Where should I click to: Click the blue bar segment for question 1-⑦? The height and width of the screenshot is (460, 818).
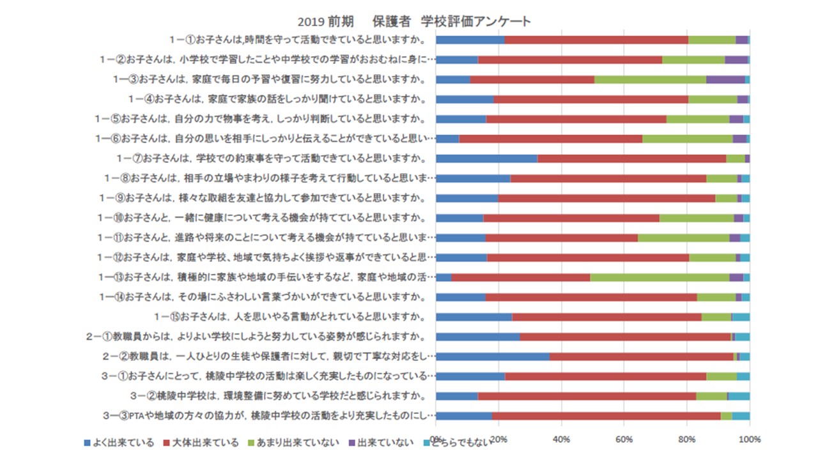click(x=486, y=158)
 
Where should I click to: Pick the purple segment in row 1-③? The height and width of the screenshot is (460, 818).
click(x=725, y=79)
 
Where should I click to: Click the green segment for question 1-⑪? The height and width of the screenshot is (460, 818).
click(x=683, y=238)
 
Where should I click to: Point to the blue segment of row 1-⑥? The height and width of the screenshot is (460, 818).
click(x=447, y=139)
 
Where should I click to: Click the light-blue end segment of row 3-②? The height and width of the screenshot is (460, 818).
click(x=739, y=396)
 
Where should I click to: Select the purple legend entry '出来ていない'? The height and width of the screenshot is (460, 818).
click(x=380, y=443)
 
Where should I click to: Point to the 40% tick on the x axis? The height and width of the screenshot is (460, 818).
click(x=561, y=440)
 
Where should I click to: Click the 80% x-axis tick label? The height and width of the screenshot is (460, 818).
click(x=687, y=440)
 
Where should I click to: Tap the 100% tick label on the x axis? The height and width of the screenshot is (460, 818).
click(x=749, y=440)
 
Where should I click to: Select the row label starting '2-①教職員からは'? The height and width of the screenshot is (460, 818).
click(x=260, y=337)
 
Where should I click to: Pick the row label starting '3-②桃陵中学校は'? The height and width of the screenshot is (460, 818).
click(x=278, y=396)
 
